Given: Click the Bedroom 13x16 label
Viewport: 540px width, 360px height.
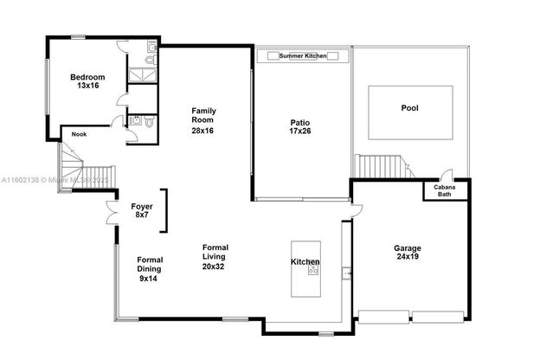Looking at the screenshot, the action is (87, 81).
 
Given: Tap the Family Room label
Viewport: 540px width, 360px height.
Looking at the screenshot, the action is (203, 115).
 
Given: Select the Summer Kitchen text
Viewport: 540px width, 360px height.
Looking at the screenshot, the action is (303, 55).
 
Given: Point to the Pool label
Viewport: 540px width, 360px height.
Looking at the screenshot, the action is (410, 108).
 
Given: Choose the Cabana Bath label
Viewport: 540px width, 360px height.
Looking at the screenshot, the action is (445, 191).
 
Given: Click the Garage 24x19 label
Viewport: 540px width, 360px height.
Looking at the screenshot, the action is (408, 252).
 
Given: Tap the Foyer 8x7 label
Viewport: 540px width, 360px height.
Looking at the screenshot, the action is (142, 210).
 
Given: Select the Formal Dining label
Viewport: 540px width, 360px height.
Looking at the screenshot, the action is (150, 265).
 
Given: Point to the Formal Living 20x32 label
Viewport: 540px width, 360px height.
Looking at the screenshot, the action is (215, 257).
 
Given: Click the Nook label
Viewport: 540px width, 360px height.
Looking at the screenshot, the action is (80, 134).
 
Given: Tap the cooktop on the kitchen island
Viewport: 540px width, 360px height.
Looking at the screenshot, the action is (313, 268).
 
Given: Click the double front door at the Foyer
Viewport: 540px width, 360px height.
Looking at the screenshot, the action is (112, 212).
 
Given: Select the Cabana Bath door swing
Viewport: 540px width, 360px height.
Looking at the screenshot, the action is (447, 175).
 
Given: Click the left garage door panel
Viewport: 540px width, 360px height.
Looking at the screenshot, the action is (383, 317).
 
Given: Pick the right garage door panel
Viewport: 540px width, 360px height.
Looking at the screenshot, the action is (438, 317).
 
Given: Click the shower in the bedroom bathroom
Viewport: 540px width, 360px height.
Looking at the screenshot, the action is (143, 75).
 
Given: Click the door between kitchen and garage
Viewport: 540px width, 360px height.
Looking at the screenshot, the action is (357, 210).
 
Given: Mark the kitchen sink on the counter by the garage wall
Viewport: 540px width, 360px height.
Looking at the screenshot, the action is (346, 273).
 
